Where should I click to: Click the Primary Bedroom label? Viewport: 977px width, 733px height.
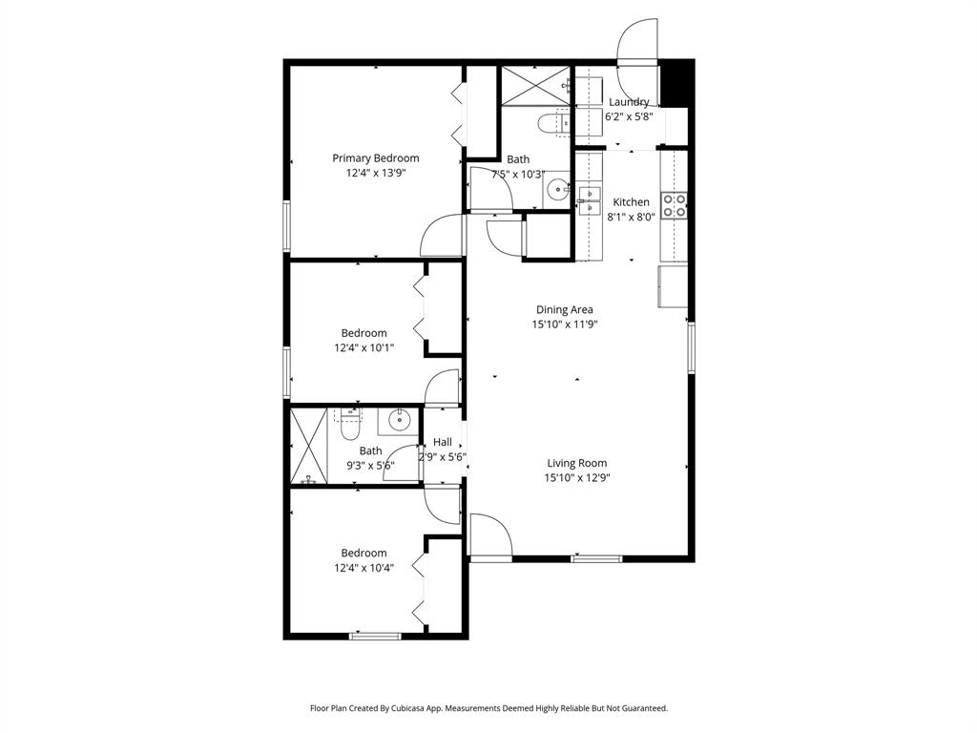[375, 158]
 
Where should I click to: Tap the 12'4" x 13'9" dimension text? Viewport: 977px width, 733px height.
[375, 174]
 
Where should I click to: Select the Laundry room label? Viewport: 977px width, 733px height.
[629, 102]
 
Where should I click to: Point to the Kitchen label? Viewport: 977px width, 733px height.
[631, 202]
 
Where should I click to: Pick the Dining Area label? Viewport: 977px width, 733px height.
[565, 309]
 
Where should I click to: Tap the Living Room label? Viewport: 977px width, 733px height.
[577, 463]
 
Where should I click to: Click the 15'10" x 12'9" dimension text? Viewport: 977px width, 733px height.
[577, 477]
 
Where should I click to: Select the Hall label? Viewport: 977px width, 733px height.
[443, 442]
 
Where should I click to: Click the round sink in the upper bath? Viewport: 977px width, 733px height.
[557, 190]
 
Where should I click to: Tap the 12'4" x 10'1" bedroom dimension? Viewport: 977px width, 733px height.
[364, 348]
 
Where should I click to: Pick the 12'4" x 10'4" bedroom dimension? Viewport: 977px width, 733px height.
[364, 567]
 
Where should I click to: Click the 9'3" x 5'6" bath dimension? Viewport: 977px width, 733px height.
[370, 466]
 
